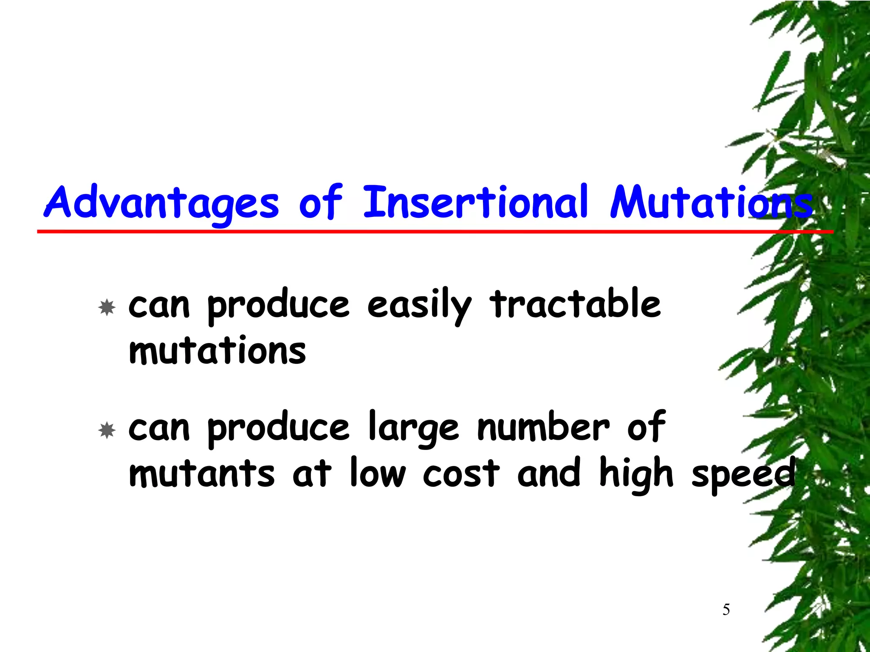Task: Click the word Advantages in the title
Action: (161, 203)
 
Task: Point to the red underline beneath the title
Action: (425, 231)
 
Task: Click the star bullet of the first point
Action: (107, 307)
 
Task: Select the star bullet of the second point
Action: (107, 430)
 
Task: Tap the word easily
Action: (419, 306)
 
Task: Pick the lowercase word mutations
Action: (217, 351)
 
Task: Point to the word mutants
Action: (202, 474)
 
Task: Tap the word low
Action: (378, 473)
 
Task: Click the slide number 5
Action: (726, 610)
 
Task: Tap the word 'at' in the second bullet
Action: (311, 474)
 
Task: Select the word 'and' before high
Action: (549, 473)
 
